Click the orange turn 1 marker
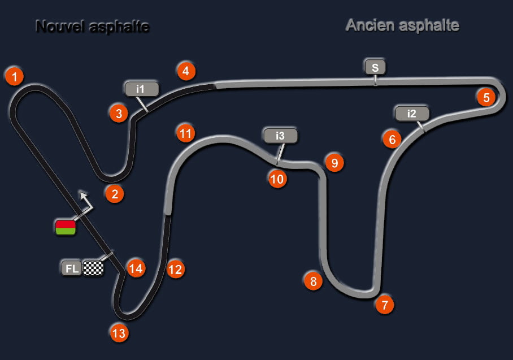[14, 75]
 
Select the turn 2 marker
[114, 194]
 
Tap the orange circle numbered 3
[118, 113]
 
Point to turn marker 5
[185, 71]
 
